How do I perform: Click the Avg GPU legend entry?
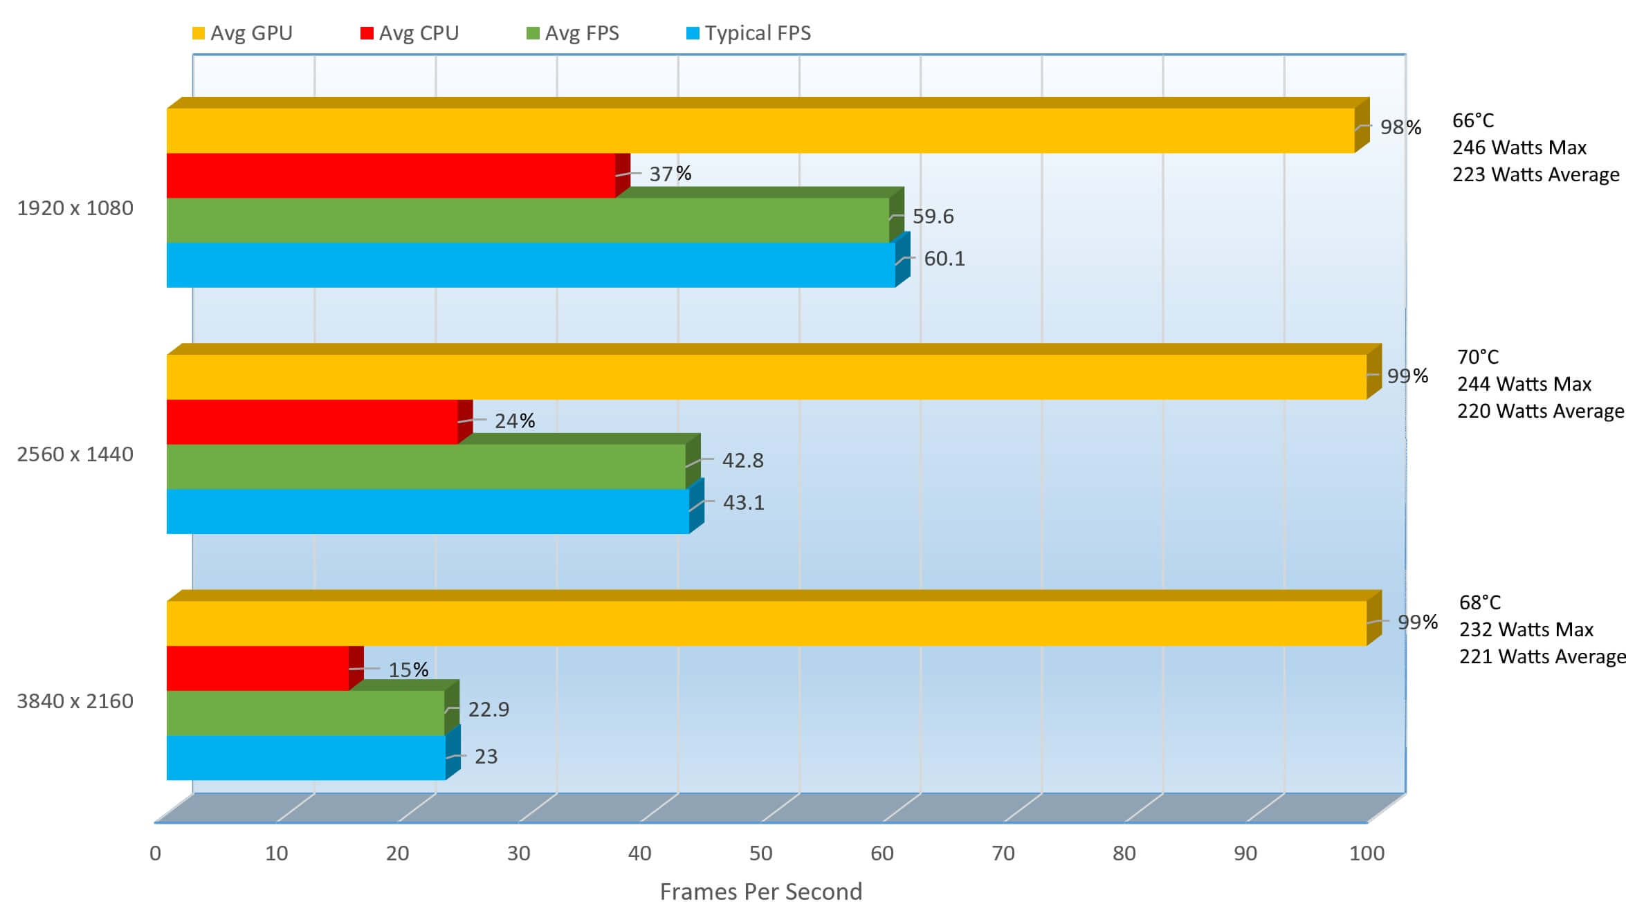(x=242, y=33)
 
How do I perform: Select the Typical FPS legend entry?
(x=749, y=33)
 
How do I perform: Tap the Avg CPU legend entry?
(x=410, y=33)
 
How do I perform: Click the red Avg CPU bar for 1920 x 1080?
(x=391, y=176)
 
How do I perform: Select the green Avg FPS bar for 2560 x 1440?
(x=426, y=466)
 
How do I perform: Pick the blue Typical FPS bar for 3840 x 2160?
(x=306, y=757)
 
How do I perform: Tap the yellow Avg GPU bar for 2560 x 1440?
(x=767, y=377)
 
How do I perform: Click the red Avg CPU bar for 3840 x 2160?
(x=257, y=668)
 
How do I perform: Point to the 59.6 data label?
(x=933, y=216)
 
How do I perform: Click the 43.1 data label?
(x=744, y=503)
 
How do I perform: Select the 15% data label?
(x=408, y=669)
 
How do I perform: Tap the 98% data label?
(x=1400, y=127)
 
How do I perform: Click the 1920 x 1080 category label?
(x=75, y=208)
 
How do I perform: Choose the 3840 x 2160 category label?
(x=75, y=701)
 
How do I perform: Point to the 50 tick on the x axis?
(x=760, y=853)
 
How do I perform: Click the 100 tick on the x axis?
(x=1367, y=853)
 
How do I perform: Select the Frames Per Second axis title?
(x=760, y=891)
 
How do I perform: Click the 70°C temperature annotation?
(x=1478, y=357)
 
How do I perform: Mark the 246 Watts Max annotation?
(x=1519, y=147)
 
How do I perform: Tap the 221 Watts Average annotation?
(x=1542, y=656)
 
